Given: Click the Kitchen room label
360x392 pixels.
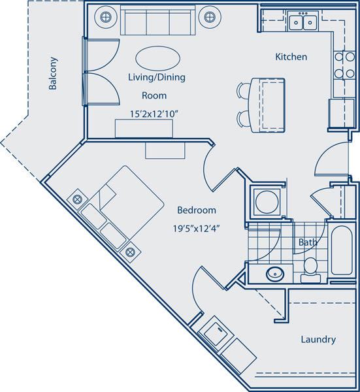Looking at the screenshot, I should pyautogui.click(x=291, y=57).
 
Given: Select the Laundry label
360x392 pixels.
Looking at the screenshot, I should pyautogui.click(x=318, y=340).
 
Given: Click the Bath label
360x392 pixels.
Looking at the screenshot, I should pyautogui.click(x=308, y=242).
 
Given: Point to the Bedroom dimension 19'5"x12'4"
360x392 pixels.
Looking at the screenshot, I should pyautogui.click(x=196, y=229).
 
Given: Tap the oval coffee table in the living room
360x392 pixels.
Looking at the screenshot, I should pyautogui.click(x=155, y=56).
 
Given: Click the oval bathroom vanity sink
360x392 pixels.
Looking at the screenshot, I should pyautogui.click(x=275, y=274).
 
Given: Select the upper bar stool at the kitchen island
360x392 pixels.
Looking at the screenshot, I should pyautogui.click(x=242, y=90).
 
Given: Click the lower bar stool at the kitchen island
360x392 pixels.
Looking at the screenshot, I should pyautogui.click(x=242, y=117).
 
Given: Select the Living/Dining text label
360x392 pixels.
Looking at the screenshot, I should pyautogui.click(x=157, y=77).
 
